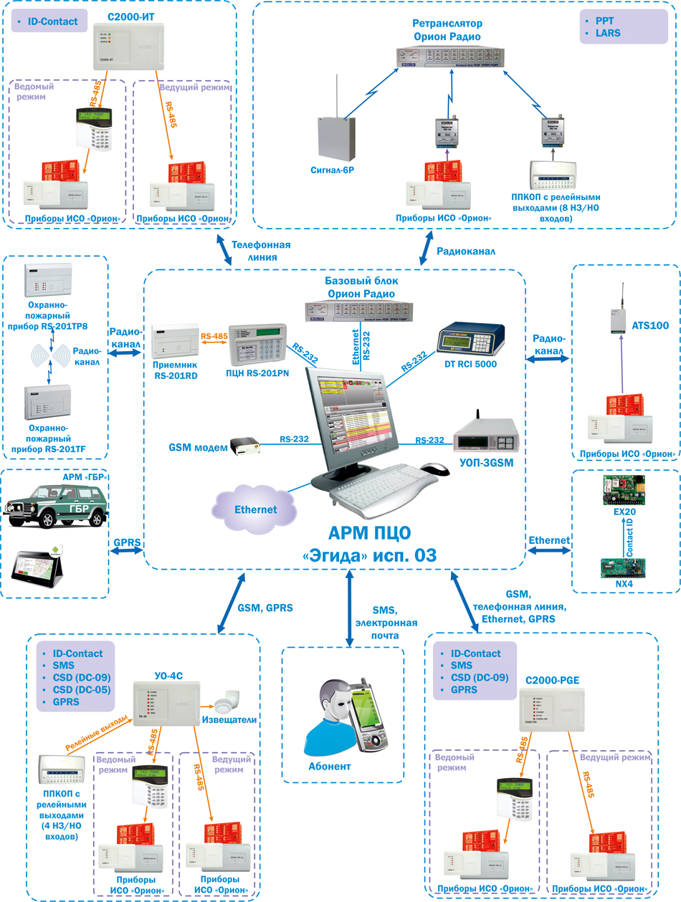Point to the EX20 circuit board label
[624, 513]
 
